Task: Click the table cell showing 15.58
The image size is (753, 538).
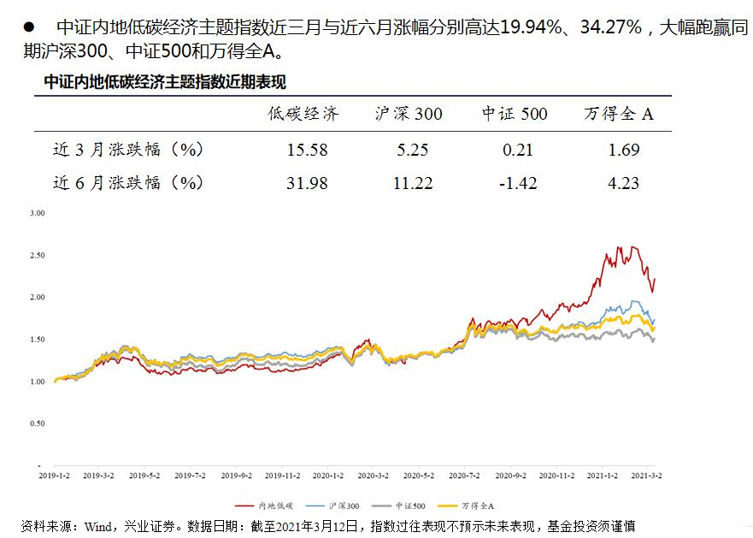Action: pyautogui.click(x=308, y=151)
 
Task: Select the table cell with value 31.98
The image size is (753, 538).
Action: pyautogui.click(x=308, y=183)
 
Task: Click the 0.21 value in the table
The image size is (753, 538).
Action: pyautogui.click(x=518, y=151)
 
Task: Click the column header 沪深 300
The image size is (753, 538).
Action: pyautogui.click(x=409, y=114)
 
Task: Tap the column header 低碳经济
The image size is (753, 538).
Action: pyautogui.click(x=303, y=114)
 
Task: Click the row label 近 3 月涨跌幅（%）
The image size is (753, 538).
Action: pyautogui.click(x=128, y=151)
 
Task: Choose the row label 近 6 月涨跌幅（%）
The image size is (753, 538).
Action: pyautogui.click(x=128, y=183)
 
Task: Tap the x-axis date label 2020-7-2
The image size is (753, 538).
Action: pyautogui.click(x=462, y=474)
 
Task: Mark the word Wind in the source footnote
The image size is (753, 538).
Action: pyautogui.click(x=97, y=525)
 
